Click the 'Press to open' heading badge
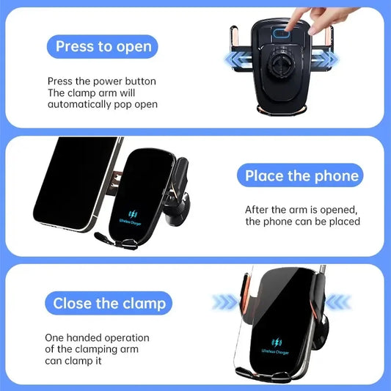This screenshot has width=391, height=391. pyautogui.click(x=103, y=47)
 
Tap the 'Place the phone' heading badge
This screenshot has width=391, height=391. pyautogui.click(x=302, y=176)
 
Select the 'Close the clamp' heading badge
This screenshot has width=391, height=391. pyautogui.click(x=110, y=303)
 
